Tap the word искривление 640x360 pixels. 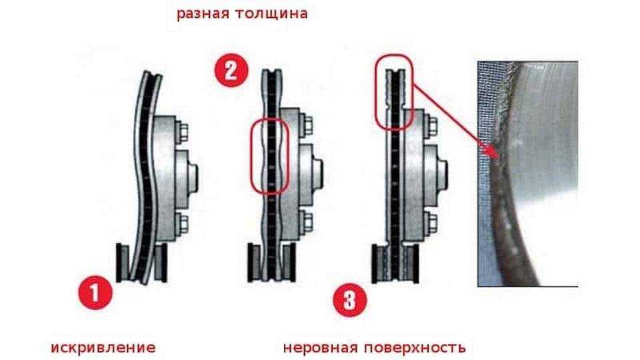[x=103, y=348]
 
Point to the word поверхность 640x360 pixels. [x=415, y=348]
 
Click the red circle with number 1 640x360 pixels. [x=95, y=293]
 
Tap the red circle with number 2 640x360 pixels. [x=231, y=71]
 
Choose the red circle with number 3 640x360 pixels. [x=350, y=301]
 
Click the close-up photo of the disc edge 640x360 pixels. [x=528, y=174]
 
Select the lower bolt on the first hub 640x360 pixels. [x=183, y=222]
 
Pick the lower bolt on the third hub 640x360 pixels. [x=431, y=223]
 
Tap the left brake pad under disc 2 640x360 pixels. [x=255, y=261]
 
